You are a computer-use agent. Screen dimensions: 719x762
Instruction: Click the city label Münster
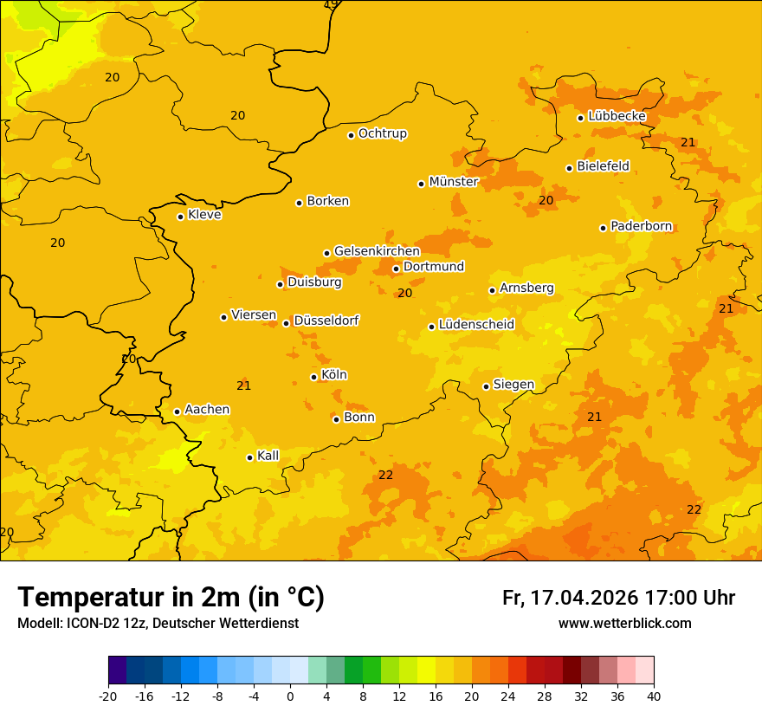(x=453, y=182)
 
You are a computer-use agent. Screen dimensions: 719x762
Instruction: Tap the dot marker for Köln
(x=313, y=377)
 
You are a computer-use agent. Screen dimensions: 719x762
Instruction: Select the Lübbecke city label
(x=617, y=116)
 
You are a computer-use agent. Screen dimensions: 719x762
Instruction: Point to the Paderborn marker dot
(x=603, y=228)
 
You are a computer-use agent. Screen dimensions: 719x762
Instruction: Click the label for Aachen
(x=207, y=410)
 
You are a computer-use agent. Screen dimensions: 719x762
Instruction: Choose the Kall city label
(x=268, y=456)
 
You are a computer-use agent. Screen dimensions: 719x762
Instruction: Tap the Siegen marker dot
(x=486, y=386)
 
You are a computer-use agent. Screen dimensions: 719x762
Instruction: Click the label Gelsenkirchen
(x=377, y=251)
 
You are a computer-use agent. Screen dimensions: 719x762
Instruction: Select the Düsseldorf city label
(x=326, y=321)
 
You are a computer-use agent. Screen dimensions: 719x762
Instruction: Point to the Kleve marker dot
(x=180, y=217)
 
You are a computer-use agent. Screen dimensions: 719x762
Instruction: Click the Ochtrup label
(x=382, y=133)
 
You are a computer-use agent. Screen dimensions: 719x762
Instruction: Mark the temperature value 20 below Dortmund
(x=404, y=293)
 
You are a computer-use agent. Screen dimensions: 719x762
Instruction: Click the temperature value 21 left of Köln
(x=244, y=385)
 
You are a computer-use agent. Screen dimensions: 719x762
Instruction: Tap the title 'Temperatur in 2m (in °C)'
(x=171, y=598)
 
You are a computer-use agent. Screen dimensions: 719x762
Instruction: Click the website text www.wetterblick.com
(x=624, y=624)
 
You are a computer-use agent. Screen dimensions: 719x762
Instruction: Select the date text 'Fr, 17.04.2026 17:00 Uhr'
(x=618, y=598)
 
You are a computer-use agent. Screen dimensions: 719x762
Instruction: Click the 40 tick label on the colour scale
(x=654, y=696)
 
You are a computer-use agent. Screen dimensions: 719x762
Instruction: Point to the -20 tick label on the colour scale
(x=108, y=696)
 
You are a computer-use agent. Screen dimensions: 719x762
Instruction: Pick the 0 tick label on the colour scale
(x=290, y=696)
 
